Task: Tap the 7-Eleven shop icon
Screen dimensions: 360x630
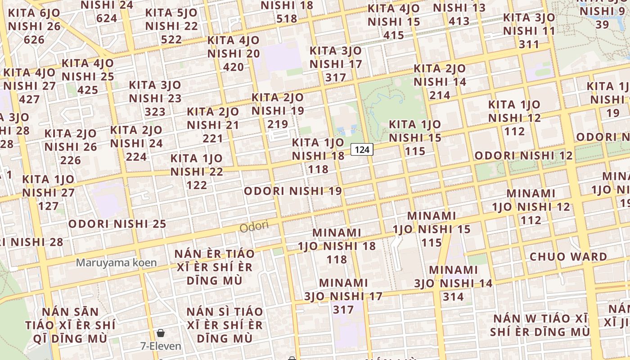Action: click(161, 333)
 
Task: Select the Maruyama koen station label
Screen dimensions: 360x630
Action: click(116, 262)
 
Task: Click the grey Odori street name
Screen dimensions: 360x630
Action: click(254, 226)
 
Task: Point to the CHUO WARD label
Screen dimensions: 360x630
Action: click(568, 257)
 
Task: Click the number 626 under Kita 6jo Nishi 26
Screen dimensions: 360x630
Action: click(34, 40)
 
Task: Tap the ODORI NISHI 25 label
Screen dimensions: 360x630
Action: click(117, 224)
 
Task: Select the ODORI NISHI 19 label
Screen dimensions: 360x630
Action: click(293, 191)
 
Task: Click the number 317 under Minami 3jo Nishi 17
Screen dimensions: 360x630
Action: click(343, 310)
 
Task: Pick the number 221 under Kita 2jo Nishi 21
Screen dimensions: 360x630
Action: click(212, 138)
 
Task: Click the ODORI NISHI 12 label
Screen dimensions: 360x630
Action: click(523, 156)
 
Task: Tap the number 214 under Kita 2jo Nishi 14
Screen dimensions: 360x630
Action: click(440, 95)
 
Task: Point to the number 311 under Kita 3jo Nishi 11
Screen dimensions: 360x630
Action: click(529, 44)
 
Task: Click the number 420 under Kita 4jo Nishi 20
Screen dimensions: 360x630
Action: click(234, 67)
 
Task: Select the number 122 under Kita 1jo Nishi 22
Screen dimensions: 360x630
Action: click(197, 185)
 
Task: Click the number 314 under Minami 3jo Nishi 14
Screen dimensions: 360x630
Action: click(453, 297)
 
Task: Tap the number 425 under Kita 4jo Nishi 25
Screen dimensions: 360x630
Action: click(88, 90)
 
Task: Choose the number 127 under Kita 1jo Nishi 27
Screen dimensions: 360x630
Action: click(48, 206)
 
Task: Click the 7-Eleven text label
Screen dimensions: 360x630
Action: click(161, 346)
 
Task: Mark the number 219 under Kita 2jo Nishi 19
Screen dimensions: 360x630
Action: click(278, 124)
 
